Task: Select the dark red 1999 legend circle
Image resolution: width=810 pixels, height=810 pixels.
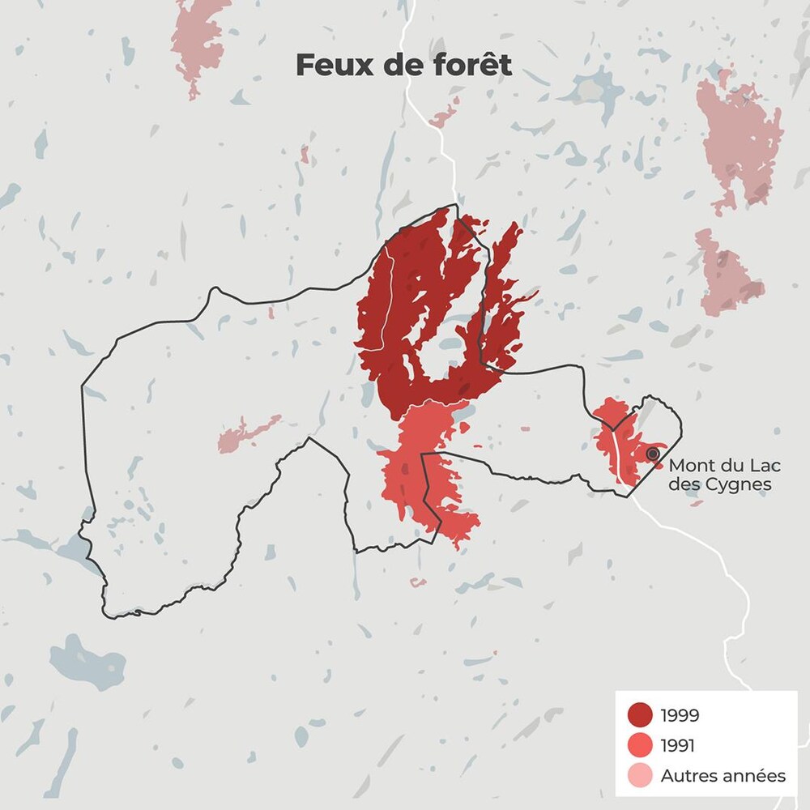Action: pos(640,714)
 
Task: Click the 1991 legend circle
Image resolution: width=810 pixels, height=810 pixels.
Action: pos(640,745)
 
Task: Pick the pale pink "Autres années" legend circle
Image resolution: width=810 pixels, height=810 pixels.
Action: pos(640,775)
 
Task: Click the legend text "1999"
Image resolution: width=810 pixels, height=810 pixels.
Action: pos(680,715)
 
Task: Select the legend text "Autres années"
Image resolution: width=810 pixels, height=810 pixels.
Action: pos(723,776)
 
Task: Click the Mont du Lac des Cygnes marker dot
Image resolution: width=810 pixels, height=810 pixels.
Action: pos(653,454)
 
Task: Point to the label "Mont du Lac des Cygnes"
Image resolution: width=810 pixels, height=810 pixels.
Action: pos(721,475)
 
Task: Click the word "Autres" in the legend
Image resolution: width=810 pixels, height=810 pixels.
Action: pos(686,776)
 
